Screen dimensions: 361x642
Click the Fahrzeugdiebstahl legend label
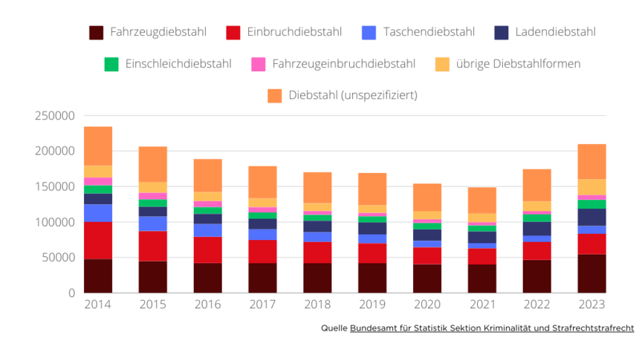click(158, 32)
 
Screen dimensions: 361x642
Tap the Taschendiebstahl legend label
click(429, 32)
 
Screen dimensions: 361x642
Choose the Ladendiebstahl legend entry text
click(555, 32)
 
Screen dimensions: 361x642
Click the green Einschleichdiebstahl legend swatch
click(111, 65)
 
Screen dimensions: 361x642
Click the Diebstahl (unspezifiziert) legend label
click(353, 95)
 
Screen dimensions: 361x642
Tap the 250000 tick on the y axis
click(55, 116)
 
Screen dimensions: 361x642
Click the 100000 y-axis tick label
click(55, 222)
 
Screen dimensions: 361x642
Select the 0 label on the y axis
click(71, 293)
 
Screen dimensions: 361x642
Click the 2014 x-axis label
click(98, 305)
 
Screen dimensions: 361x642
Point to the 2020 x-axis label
click(427, 305)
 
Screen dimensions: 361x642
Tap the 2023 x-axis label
click(591, 305)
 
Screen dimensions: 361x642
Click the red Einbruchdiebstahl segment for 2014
click(98, 241)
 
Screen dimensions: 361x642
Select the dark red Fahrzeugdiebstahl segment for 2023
click(591, 273)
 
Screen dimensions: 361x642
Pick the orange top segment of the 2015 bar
click(153, 164)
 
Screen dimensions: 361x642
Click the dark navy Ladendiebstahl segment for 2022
click(536, 229)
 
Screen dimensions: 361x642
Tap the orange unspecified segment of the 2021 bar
click(481, 201)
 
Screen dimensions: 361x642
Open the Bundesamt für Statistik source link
click(492, 328)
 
